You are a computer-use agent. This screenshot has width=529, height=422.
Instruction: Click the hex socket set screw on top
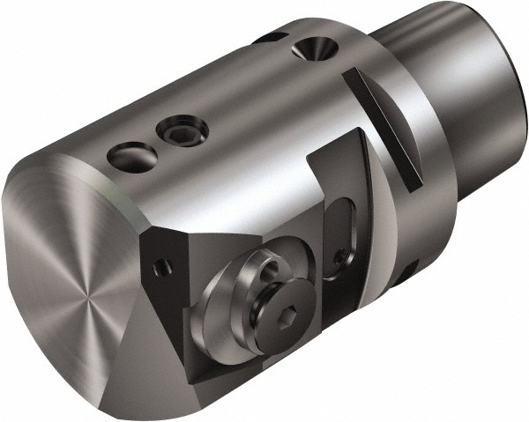click(x=183, y=133)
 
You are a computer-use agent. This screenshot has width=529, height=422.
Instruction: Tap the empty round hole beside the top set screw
click(x=132, y=158)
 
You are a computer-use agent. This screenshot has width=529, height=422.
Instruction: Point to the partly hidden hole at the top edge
click(x=269, y=38)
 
